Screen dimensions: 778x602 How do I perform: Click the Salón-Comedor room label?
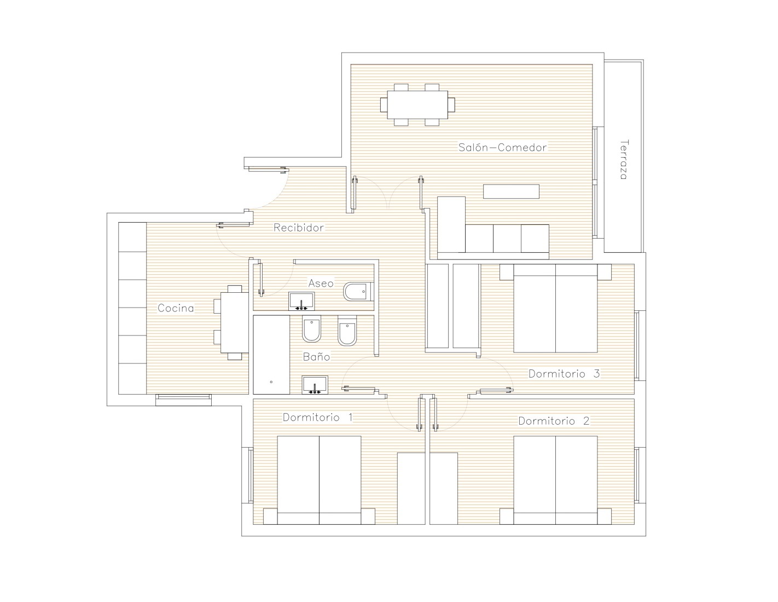(502, 147)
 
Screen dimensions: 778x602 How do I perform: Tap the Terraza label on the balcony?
(624, 159)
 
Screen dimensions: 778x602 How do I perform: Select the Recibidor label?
(299, 228)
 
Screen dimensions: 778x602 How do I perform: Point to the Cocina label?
(176, 308)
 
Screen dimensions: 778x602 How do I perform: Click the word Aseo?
(321, 283)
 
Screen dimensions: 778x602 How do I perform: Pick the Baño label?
(316, 356)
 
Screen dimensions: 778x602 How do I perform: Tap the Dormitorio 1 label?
(317, 417)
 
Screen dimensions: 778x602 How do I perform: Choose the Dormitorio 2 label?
(554, 421)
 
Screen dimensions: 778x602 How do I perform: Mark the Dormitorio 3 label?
(564, 374)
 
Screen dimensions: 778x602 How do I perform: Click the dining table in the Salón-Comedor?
(417, 105)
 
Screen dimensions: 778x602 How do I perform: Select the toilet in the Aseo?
(358, 292)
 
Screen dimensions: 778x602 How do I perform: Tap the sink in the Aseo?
(301, 301)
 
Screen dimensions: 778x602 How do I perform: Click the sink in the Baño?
(315, 385)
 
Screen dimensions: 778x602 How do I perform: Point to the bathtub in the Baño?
(271, 355)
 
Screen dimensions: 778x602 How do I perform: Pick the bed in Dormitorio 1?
(319, 480)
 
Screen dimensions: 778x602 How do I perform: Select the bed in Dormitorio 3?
(555, 308)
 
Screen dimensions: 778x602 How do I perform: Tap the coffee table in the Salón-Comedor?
(511, 191)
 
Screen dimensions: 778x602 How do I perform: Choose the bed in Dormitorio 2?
(555, 480)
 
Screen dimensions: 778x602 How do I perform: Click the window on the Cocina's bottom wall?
(183, 400)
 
